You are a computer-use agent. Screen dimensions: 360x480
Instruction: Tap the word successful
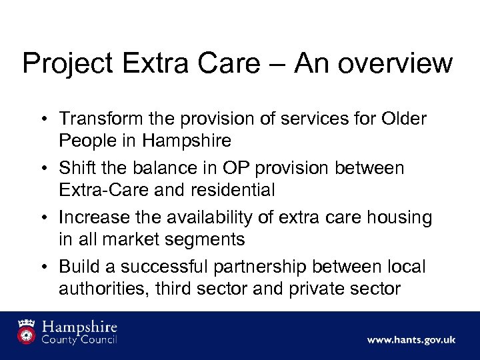click(175, 266)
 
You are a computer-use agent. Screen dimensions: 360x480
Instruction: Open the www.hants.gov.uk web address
click(411, 340)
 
